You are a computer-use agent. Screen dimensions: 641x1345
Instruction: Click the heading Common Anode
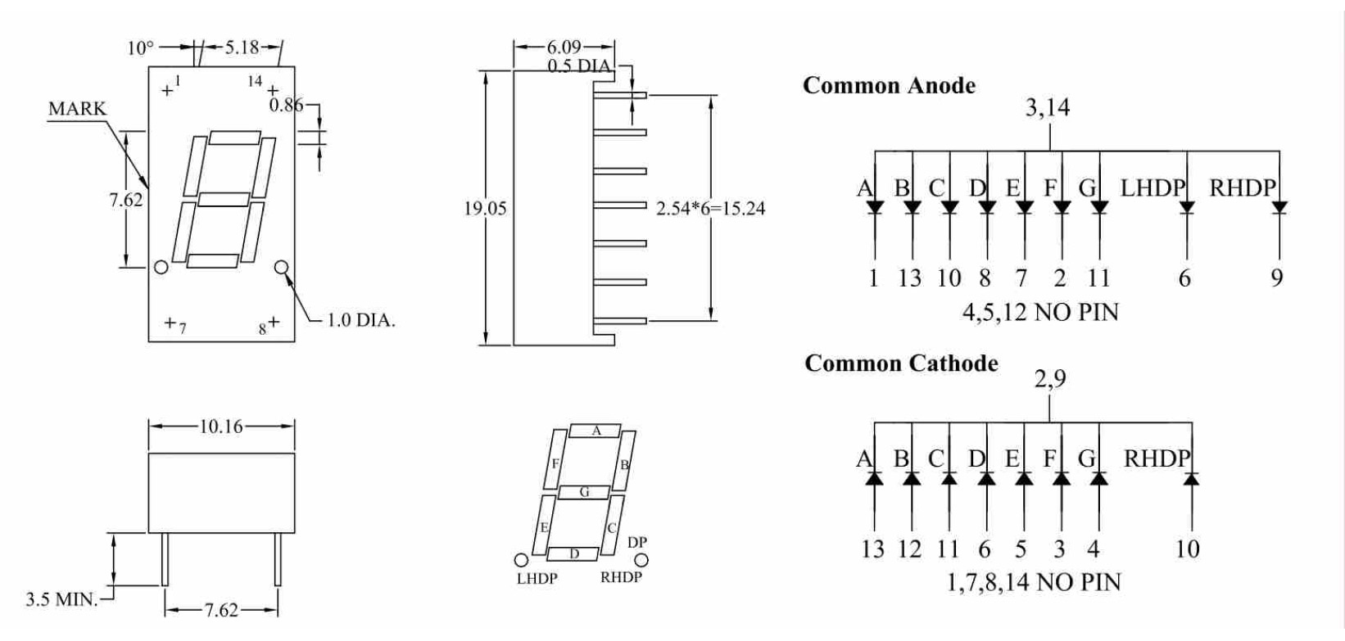click(889, 86)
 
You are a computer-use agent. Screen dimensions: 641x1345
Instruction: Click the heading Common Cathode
click(901, 363)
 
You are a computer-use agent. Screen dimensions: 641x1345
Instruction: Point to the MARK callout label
click(77, 109)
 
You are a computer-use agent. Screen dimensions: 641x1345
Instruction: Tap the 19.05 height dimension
click(485, 209)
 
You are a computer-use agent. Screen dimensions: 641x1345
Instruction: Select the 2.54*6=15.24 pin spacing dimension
click(710, 209)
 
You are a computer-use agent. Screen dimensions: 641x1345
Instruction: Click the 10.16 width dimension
click(221, 427)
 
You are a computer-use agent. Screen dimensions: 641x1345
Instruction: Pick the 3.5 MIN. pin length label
click(61, 599)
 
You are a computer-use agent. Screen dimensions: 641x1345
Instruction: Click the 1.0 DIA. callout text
click(361, 320)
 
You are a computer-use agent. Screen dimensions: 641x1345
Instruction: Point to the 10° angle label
click(140, 48)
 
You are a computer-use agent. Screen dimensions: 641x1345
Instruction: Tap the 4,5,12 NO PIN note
click(1039, 312)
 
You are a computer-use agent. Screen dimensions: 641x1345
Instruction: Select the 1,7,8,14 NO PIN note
click(1034, 583)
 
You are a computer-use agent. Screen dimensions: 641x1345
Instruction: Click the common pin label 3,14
click(1047, 108)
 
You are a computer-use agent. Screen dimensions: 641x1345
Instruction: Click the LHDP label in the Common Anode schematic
click(1153, 188)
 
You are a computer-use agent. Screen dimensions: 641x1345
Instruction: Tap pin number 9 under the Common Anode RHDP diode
click(1276, 278)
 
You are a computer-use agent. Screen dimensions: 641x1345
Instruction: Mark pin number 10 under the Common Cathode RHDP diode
click(1187, 549)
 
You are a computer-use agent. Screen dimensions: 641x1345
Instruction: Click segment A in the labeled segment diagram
click(596, 431)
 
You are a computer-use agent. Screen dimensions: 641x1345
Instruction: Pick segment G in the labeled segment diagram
click(584, 493)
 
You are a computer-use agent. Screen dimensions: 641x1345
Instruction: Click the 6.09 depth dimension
click(564, 47)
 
